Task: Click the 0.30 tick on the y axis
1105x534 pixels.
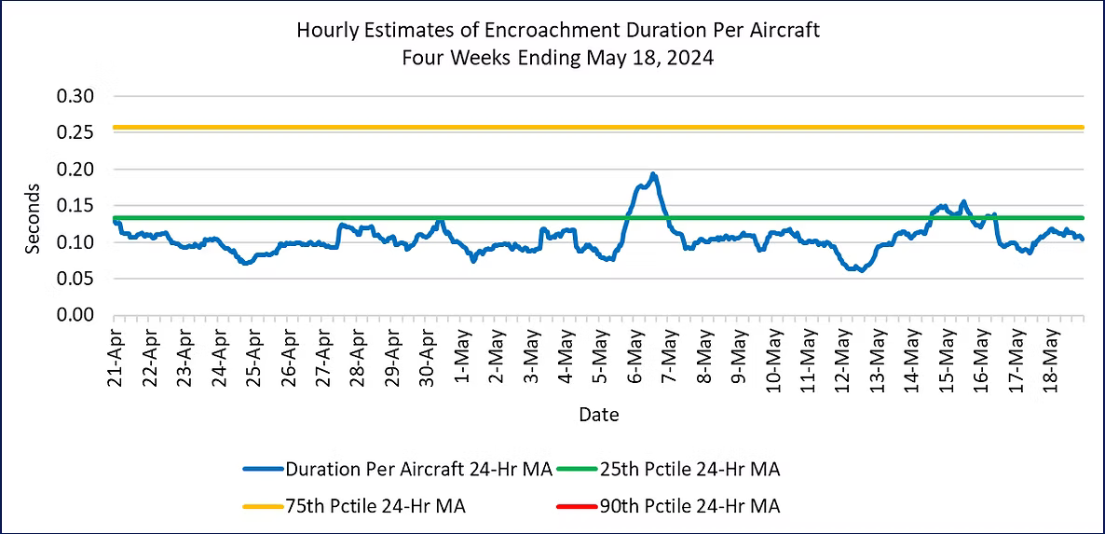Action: tap(70, 97)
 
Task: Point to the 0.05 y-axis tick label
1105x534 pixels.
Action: tap(70, 279)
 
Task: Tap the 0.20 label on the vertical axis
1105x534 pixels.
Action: tap(70, 170)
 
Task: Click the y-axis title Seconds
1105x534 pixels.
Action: tap(34, 218)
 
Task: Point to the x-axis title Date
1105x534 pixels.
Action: tap(598, 414)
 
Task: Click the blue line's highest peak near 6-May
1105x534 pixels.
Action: tap(653, 174)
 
